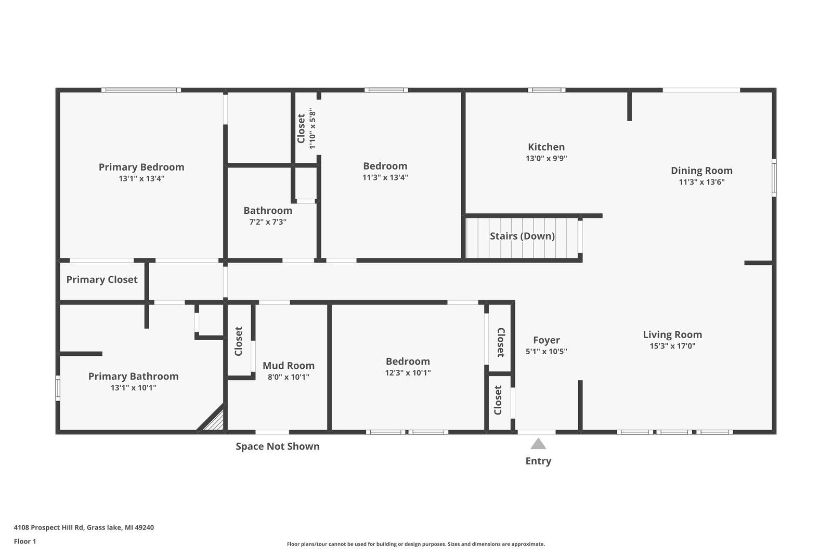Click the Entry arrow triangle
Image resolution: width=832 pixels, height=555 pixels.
pos(538,444)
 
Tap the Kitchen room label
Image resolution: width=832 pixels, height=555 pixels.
pos(547,147)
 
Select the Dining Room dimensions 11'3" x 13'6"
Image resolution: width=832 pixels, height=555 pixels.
pos(701,182)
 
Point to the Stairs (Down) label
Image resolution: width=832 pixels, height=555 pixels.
pos(522,236)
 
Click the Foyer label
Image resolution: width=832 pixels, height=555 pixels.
pos(547,340)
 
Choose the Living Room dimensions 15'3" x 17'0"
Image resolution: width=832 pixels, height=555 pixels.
pos(672,346)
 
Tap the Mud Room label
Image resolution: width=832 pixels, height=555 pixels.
pos(289,366)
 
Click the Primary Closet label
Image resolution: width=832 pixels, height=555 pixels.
pos(102,280)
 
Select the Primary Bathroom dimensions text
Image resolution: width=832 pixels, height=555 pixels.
pos(133,388)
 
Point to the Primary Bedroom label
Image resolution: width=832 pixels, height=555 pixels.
pos(141,167)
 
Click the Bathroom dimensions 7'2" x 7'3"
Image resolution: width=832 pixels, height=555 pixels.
pos(268,222)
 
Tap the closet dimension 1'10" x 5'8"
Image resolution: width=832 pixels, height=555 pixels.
pos(313,128)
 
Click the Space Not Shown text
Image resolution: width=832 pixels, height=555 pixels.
pos(278,446)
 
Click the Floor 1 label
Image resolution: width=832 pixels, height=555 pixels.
pos(25,541)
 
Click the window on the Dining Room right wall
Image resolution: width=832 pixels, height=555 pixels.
pos(774,177)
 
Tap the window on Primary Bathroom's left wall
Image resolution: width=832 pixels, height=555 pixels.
pos(58,388)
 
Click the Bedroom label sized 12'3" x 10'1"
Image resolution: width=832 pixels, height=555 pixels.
pos(408,362)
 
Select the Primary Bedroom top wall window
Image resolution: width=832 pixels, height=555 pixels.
pos(141,90)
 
